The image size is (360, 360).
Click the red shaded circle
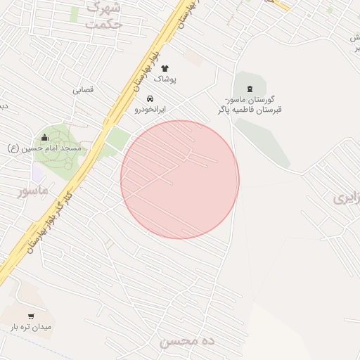[180, 179]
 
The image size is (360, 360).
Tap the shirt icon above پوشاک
[165, 68]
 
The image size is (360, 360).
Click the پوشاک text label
[165, 79]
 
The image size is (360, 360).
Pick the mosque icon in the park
[45, 137]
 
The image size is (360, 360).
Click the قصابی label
[83, 90]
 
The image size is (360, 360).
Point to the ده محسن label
[186, 342]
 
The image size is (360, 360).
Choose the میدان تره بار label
[31, 327]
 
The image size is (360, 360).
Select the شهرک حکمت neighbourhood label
[104, 15]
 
